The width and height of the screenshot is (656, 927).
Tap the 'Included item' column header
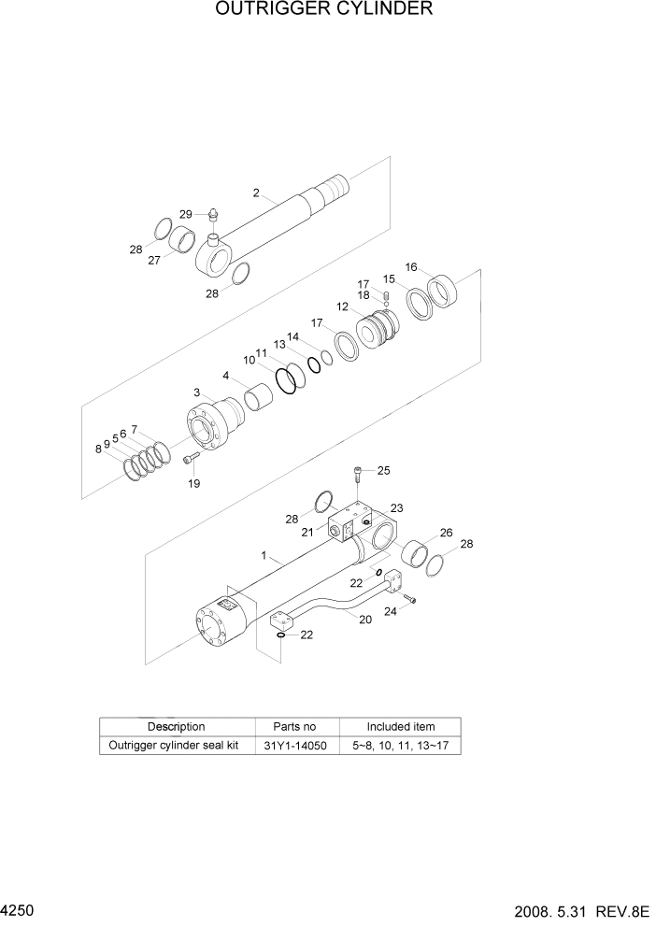pos(400,726)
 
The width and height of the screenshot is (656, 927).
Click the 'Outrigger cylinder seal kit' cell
pos(177,746)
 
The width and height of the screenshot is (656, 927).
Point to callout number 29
pos(185,215)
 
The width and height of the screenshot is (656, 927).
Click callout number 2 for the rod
pos(255,193)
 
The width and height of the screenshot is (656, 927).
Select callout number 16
pos(410,266)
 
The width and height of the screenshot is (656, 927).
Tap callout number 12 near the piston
pos(342,307)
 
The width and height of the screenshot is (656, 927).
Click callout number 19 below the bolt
pos(193,483)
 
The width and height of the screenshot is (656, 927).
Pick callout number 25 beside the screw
pos(383,470)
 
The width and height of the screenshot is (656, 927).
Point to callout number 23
pos(396,508)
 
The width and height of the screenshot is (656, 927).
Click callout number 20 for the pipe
pos(364,620)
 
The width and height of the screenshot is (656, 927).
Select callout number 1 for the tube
pos(264,555)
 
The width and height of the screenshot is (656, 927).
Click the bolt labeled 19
pos(191,459)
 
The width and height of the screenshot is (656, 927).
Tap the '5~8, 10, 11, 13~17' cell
pos(400,746)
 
